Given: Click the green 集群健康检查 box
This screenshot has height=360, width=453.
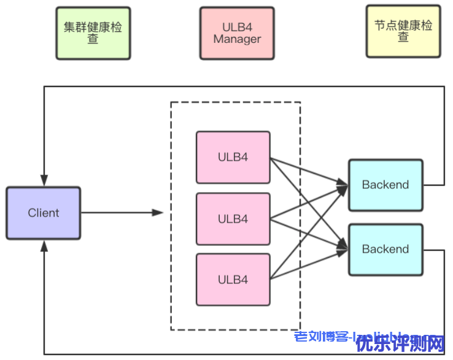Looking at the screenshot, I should tap(93, 33).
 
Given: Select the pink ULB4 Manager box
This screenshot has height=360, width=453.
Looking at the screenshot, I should tap(237, 33).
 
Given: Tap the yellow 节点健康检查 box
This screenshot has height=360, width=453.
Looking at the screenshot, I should tap(403, 31).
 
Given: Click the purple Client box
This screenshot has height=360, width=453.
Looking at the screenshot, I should tap(44, 213).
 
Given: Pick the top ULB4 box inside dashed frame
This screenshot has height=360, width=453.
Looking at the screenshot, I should tap(233, 157).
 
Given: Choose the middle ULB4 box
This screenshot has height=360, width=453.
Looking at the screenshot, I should tap(233, 219).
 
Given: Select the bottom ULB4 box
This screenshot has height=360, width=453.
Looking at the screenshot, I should tap(233, 280).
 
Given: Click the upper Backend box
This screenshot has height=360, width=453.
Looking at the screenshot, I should tap(385, 185).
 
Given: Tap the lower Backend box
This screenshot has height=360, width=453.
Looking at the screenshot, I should tap(385, 249).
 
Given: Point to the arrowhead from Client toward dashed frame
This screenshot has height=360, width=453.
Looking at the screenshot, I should tap(158, 213).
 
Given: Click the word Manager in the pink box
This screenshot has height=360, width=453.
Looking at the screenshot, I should tap(237, 39).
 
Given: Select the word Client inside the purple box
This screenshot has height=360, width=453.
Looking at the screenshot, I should tap(44, 213).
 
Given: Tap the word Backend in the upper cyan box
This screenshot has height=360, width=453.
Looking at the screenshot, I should tap(385, 185).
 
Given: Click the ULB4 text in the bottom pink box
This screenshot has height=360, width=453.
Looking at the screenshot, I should tap(233, 280).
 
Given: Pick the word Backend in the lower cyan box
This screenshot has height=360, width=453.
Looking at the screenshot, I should tap(385, 249).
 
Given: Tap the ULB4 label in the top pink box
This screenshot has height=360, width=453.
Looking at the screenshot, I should tap(233, 157).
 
